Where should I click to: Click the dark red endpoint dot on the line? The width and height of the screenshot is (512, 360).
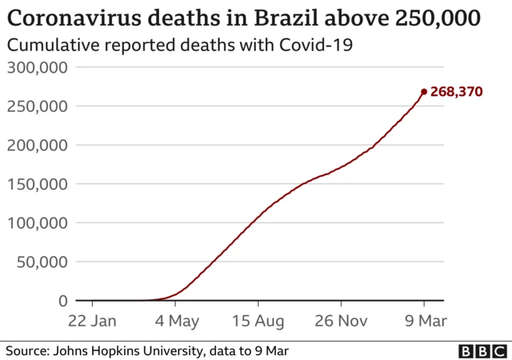(x=424, y=91)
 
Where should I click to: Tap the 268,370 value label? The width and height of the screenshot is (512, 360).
(x=456, y=92)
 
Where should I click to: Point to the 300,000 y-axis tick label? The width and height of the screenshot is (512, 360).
(x=37, y=67)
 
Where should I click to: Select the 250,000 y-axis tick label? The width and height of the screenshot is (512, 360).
(x=37, y=106)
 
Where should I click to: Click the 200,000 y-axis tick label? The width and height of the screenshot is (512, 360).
(x=37, y=146)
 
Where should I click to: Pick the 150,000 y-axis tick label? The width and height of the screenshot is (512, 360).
(x=37, y=184)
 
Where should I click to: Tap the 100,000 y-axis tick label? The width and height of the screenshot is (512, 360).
(x=37, y=223)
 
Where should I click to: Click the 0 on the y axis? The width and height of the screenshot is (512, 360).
(x=62, y=301)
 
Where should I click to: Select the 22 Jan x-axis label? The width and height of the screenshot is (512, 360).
(x=93, y=321)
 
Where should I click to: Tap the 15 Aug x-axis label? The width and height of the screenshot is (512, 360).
(x=258, y=321)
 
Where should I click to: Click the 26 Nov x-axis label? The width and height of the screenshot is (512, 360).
(x=341, y=321)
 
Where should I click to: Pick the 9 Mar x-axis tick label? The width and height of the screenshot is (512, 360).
(x=424, y=321)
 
